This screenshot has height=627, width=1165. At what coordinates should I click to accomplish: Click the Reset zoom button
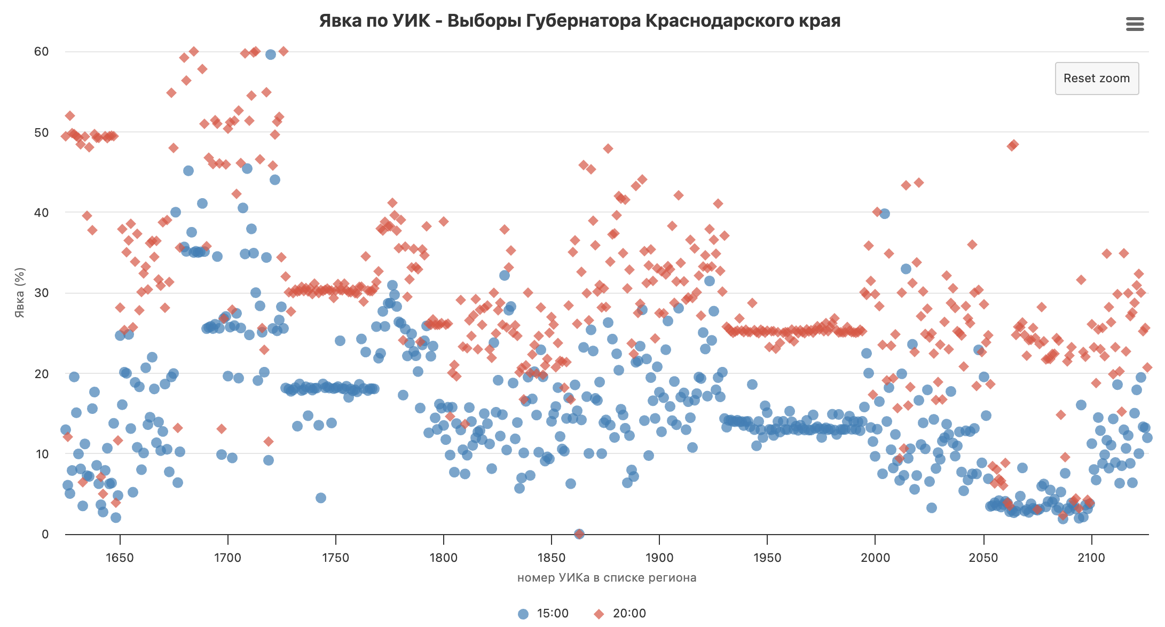tap(1097, 79)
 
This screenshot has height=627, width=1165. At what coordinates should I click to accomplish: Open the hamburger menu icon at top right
tap(1135, 24)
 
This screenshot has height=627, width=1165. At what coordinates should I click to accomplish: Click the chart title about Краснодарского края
tap(580, 21)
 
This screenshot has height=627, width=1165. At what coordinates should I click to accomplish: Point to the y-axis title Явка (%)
tap(20, 293)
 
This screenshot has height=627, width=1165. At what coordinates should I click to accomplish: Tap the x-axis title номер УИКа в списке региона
tap(607, 578)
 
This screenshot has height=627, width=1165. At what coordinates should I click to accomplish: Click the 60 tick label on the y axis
tap(41, 52)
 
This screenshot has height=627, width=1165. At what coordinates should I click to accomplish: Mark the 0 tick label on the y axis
tap(45, 534)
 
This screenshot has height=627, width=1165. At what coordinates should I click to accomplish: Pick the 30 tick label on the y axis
tap(41, 293)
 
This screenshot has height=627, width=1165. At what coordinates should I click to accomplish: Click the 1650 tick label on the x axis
tap(120, 558)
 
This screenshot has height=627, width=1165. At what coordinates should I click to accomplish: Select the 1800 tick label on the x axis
tap(443, 558)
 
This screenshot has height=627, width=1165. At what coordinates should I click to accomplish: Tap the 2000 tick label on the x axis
tap(875, 558)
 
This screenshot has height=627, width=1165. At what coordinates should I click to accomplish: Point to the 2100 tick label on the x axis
tap(1091, 558)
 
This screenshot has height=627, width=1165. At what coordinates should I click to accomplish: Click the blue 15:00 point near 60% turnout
tap(271, 54)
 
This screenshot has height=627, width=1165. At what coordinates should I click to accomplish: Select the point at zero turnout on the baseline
tap(579, 534)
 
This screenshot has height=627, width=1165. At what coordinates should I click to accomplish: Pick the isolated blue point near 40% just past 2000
tap(885, 214)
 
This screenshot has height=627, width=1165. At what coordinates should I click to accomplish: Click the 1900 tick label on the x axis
tap(659, 558)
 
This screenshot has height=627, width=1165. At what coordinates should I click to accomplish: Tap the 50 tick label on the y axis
tap(41, 132)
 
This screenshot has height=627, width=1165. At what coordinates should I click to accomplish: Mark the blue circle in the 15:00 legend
tap(523, 614)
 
